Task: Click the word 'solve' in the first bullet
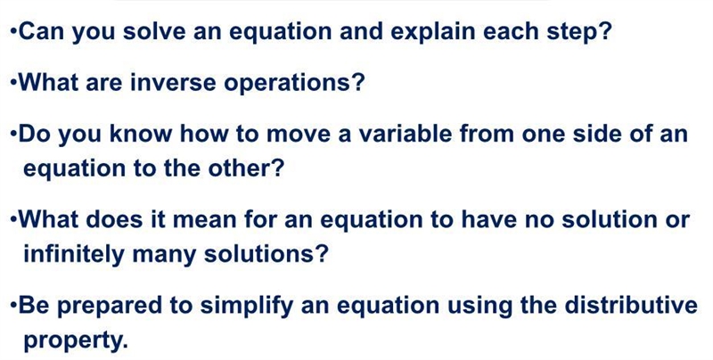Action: click(154, 31)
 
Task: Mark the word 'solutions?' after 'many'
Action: click(266, 253)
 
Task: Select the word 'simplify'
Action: click(247, 306)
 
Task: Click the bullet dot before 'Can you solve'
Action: click(13, 32)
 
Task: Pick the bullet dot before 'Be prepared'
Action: click(13, 306)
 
